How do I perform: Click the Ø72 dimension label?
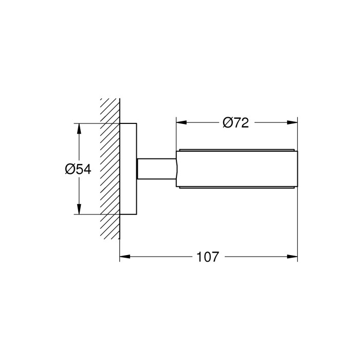tap(236, 122)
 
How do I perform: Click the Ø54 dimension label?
tap(78, 169)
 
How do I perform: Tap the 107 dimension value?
tap(208, 257)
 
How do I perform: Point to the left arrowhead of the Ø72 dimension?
tap(182, 122)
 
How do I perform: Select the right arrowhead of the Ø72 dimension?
tap(292, 122)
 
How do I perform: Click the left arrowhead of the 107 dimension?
tap(125, 257)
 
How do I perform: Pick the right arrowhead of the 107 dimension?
tap(292, 257)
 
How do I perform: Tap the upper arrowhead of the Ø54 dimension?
tap(79, 129)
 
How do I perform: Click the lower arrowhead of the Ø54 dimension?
tap(79, 209)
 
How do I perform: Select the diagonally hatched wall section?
tap(110, 169)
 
